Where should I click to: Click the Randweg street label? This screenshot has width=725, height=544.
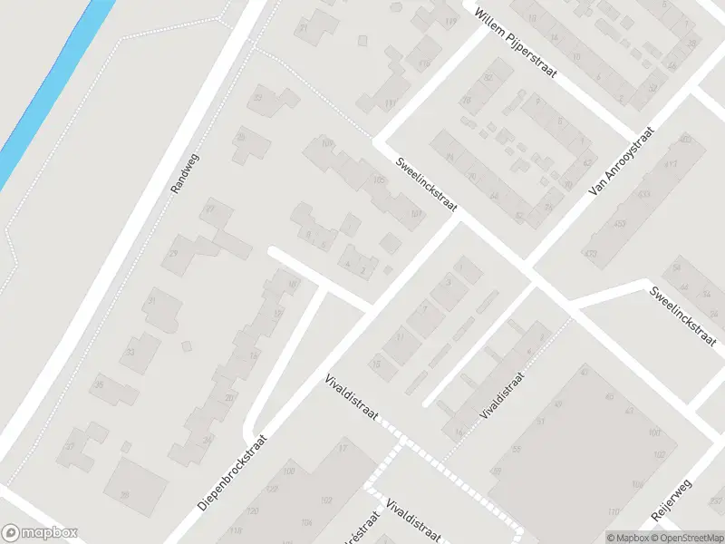click(184, 174)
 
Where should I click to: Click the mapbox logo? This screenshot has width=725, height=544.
click(40, 533)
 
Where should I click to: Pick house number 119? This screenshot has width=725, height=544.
click(450, 21)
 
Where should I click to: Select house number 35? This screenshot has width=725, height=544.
click(98, 385)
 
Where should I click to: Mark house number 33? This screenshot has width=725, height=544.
click(130, 352)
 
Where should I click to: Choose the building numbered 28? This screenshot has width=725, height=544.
click(124, 494)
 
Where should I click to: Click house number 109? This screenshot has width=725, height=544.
click(327, 143)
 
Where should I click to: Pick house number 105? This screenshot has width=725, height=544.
click(379, 181)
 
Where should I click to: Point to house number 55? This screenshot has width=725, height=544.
click(517, 450)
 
